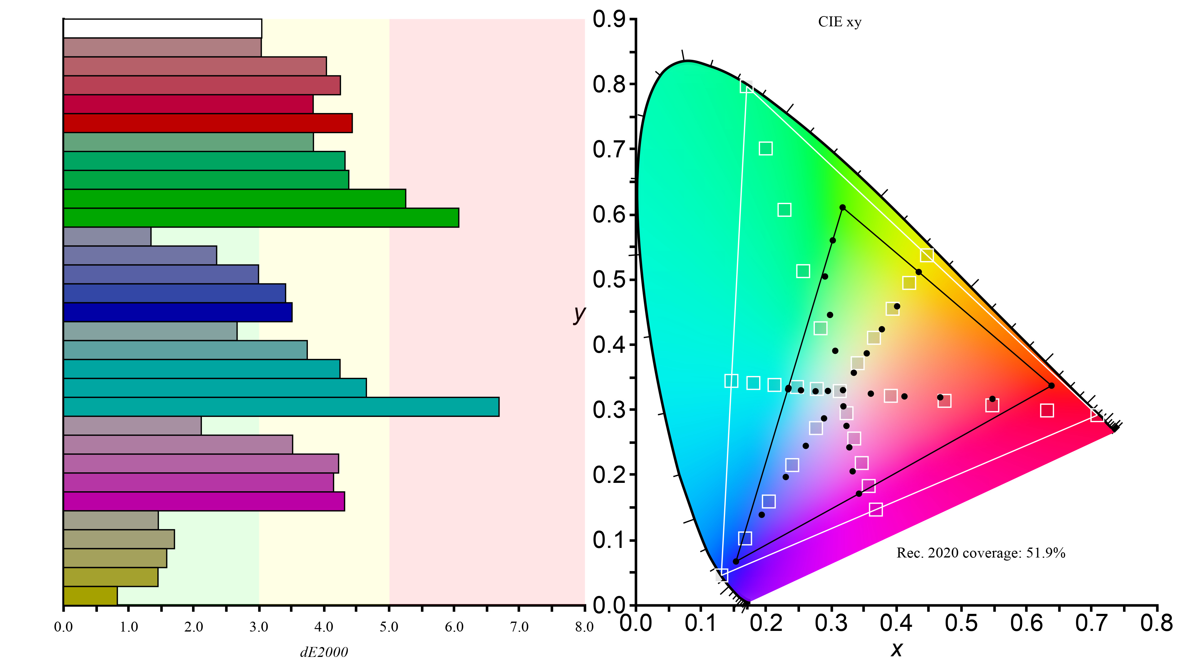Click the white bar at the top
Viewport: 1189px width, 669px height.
163,28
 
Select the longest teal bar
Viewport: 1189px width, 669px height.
281,407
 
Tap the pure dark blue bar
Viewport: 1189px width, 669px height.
178,312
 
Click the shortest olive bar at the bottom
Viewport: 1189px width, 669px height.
90,596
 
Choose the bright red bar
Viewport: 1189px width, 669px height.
208,123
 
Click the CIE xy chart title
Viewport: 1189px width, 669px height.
840,22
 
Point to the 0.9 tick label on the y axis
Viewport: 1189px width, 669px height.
609,20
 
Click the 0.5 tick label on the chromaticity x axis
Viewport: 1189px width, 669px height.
961,623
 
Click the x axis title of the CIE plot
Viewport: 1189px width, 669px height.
896,649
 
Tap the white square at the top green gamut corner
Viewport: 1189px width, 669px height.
746,86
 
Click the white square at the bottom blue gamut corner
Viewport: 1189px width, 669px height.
722,575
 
